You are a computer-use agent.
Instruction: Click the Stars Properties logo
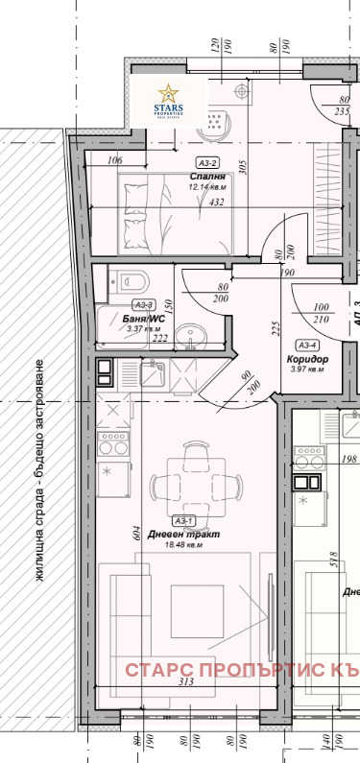[x=170, y=101]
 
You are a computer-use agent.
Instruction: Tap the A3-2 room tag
[x=206, y=163]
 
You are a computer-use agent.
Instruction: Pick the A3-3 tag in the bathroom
[x=117, y=304]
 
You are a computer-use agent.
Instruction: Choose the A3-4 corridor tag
[x=307, y=346]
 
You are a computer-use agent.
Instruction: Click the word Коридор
[x=305, y=359]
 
